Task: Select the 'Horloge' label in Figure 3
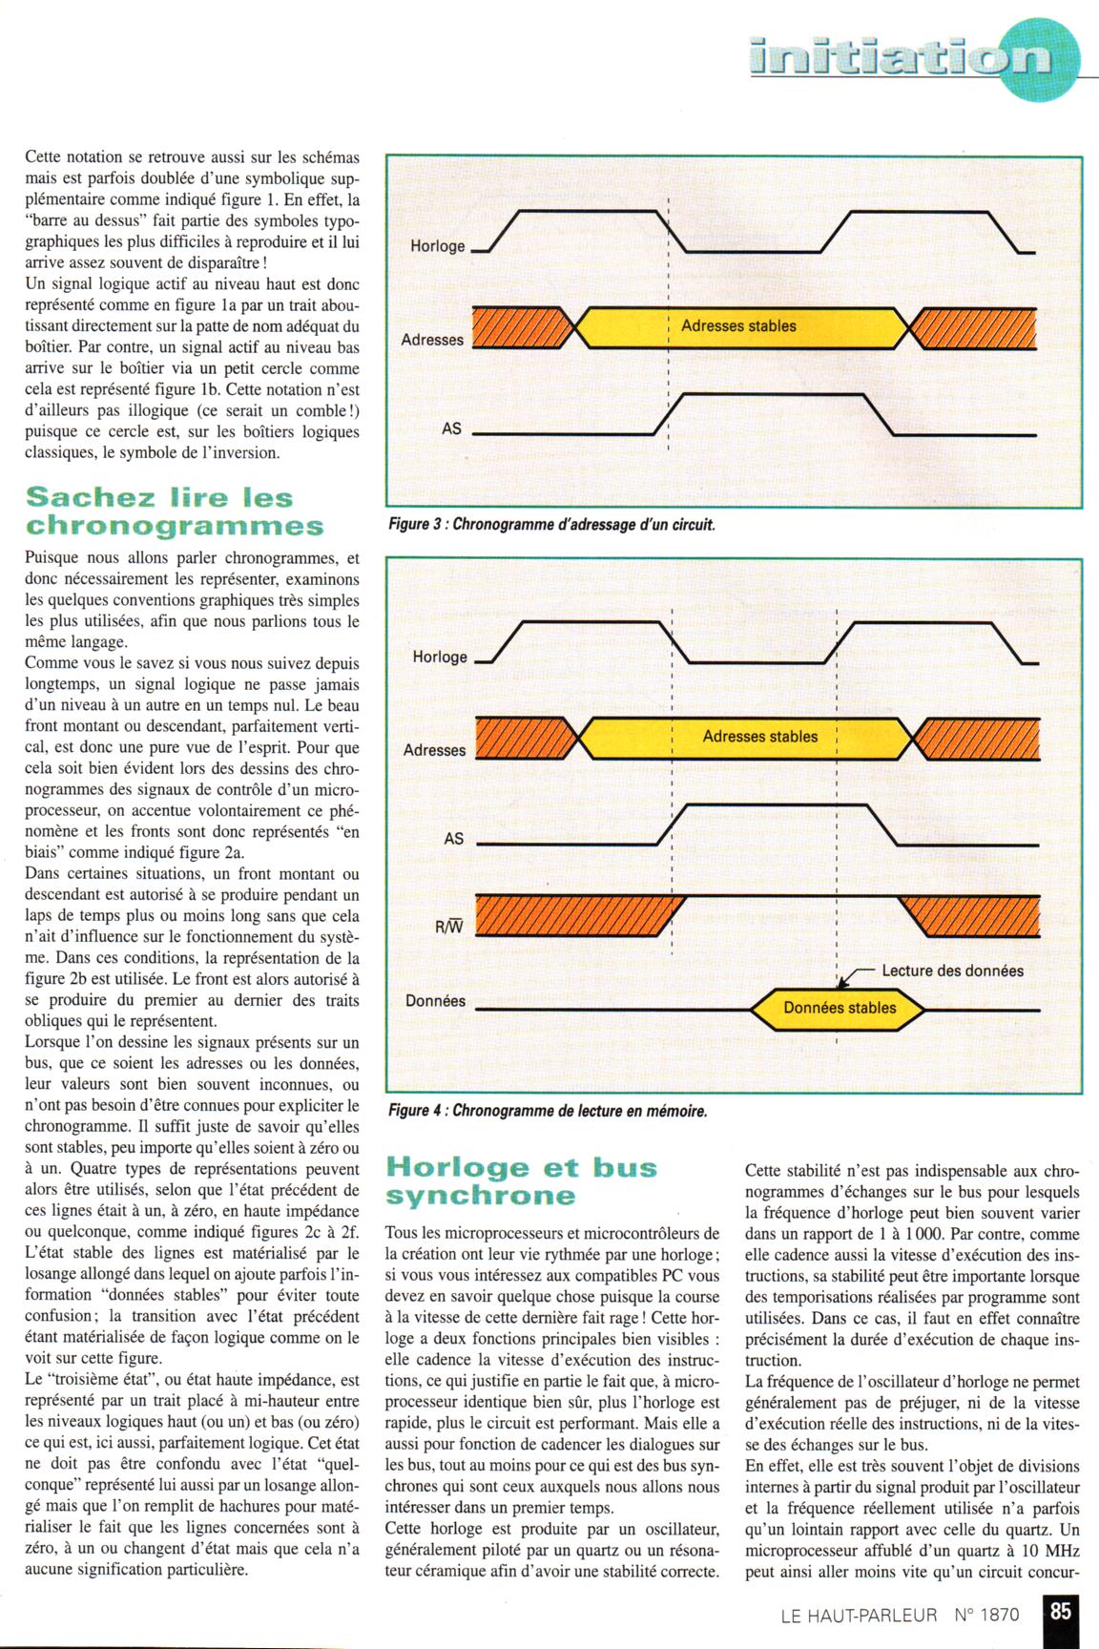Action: pyautogui.click(x=438, y=246)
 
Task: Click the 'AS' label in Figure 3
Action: pyautogui.click(x=452, y=428)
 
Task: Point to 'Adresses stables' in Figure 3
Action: pyautogui.click(x=738, y=326)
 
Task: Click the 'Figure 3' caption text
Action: pyautogui.click(x=551, y=525)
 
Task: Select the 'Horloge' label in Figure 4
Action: pyautogui.click(x=440, y=657)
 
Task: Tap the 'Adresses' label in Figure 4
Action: pyautogui.click(x=435, y=750)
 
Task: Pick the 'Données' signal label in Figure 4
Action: pyautogui.click(x=436, y=1001)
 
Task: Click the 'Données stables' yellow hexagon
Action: pyautogui.click(x=840, y=1008)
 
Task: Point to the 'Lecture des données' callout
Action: pyautogui.click(x=952, y=971)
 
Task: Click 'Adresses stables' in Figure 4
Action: pyautogui.click(x=760, y=737)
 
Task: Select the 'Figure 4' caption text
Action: pyautogui.click(x=548, y=1111)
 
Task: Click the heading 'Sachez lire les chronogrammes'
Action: pyautogui.click(x=174, y=511)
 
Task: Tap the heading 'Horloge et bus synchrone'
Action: pyautogui.click(x=521, y=1180)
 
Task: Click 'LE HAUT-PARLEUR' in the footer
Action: pyautogui.click(x=859, y=1616)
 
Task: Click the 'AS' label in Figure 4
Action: pyautogui.click(x=454, y=839)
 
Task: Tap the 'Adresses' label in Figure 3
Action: pyautogui.click(x=433, y=340)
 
